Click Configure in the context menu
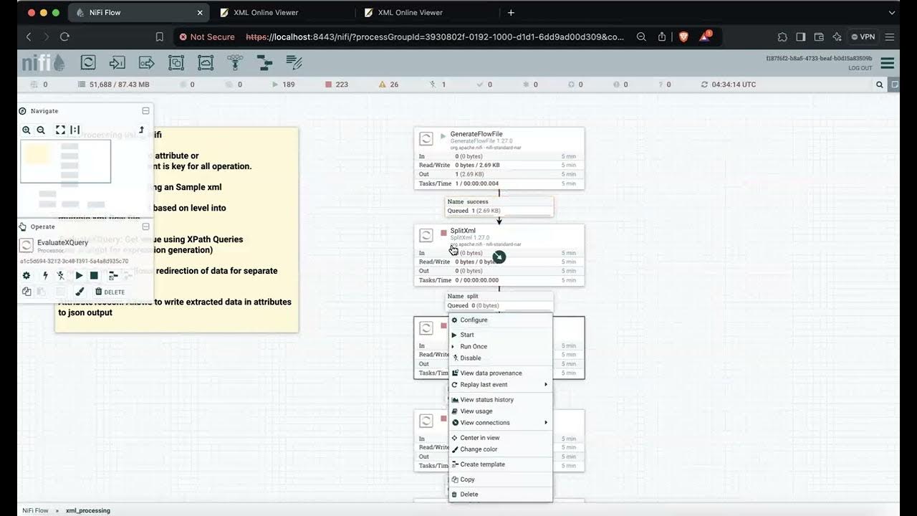(x=474, y=320)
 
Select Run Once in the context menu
(x=474, y=347)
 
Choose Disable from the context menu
(x=470, y=358)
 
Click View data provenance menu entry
(x=491, y=373)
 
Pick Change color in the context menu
(x=479, y=449)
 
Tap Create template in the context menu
(x=482, y=464)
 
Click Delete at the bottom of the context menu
(x=469, y=494)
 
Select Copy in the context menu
(x=467, y=479)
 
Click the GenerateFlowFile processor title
(x=476, y=134)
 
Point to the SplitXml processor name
(x=463, y=231)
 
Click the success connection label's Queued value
(x=484, y=211)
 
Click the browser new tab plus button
(x=511, y=13)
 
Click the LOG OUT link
(x=860, y=68)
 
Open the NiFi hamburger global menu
(x=887, y=63)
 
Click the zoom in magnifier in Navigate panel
(x=27, y=130)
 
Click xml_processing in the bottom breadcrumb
(x=88, y=511)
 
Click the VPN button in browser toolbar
(x=863, y=37)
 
